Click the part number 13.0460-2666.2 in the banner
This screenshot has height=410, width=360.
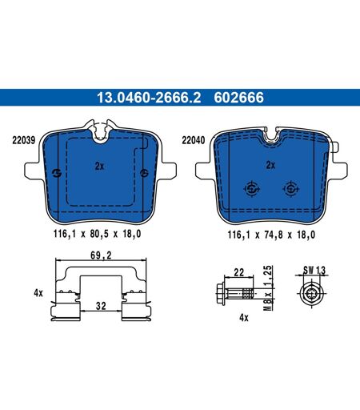pyautogui.click(x=149, y=98)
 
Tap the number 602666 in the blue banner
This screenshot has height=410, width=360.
pyautogui.click(x=238, y=98)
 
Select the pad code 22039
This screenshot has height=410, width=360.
pyautogui.click(x=24, y=140)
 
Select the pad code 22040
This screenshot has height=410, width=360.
pyautogui.click(x=194, y=140)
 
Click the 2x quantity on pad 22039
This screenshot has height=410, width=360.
pyautogui.click(x=99, y=167)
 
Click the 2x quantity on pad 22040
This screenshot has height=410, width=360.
pyautogui.click(x=270, y=165)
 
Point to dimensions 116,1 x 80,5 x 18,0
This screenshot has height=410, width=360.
pyautogui.click(x=97, y=234)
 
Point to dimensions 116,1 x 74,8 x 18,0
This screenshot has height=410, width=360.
pyautogui.click(x=271, y=235)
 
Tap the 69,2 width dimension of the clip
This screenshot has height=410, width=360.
pyautogui.click(x=101, y=255)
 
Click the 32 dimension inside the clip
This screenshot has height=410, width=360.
pyautogui.click(x=101, y=306)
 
